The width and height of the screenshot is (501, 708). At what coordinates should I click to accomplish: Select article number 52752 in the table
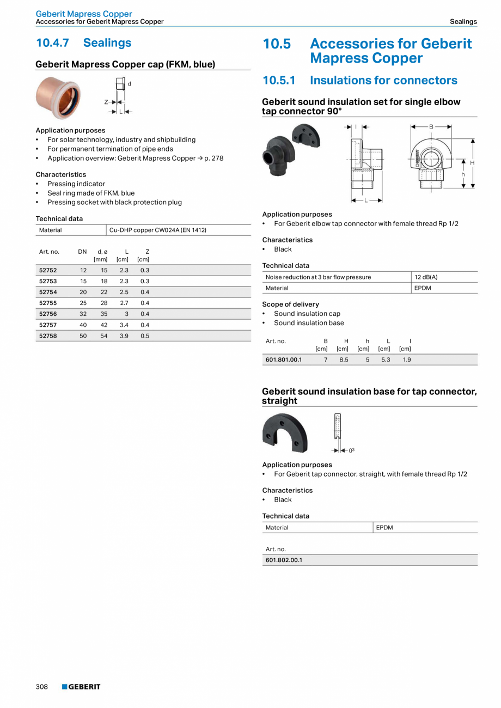tap(48, 270)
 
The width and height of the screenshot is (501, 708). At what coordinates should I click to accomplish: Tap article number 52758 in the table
tap(48, 336)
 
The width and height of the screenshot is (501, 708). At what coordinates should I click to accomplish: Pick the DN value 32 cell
tap(83, 314)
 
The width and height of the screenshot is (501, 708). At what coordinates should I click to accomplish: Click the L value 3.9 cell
tap(124, 336)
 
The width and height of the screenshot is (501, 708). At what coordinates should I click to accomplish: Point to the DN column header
tap(82, 252)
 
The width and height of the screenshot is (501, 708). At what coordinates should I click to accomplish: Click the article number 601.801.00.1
tap(283, 359)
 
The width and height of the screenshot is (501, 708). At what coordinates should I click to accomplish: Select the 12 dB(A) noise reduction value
tap(426, 277)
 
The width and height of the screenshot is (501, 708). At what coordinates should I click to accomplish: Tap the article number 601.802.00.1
tap(283, 560)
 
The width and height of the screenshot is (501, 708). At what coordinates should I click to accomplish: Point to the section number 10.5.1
tap(279, 81)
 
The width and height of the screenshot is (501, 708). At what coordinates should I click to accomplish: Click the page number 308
tap(42, 687)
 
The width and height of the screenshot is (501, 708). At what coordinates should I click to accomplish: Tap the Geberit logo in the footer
tap(81, 687)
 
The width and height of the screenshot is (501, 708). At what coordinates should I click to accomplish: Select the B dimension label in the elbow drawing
tap(431, 126)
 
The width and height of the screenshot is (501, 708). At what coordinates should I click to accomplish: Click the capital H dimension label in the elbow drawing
tap(472, 163)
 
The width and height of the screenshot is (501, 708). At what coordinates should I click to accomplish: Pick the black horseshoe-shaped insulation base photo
tap(285, 434)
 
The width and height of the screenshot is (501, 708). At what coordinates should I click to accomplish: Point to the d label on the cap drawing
tap(129, 84)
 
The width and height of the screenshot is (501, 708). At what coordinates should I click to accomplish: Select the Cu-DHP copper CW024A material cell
tap(157, 230)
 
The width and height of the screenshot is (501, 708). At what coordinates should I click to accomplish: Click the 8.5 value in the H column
tap(344, 359)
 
